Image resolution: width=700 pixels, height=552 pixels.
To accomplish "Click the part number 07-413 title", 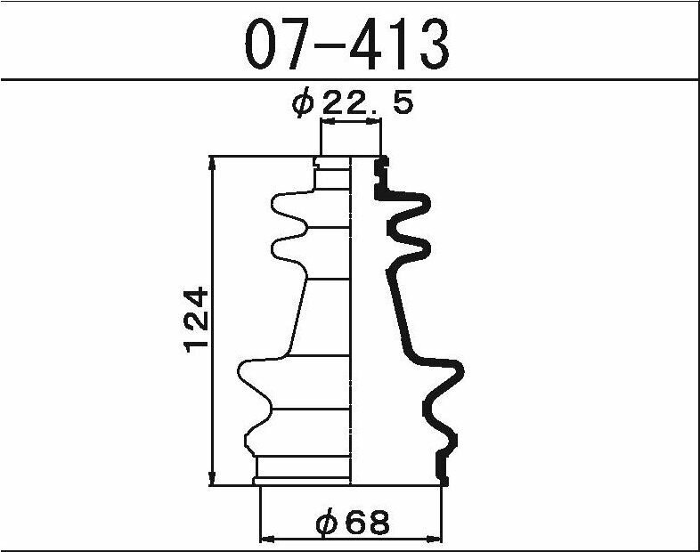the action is point(346,44).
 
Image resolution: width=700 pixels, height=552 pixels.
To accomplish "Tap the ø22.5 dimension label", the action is point(353,103).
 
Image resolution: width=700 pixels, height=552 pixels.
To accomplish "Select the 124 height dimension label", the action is point(196,320).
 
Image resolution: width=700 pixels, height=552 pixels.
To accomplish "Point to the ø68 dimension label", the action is point(353,522).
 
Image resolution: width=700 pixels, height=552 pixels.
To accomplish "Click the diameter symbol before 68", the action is point(326,522).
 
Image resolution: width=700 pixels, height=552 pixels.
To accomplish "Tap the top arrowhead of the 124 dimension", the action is point(213,163).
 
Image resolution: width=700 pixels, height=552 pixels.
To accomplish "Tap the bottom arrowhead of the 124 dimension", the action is point(213,478).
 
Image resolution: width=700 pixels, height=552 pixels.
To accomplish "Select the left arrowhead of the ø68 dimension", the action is point(267,539).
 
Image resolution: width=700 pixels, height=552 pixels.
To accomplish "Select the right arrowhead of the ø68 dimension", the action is point(435,539).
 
